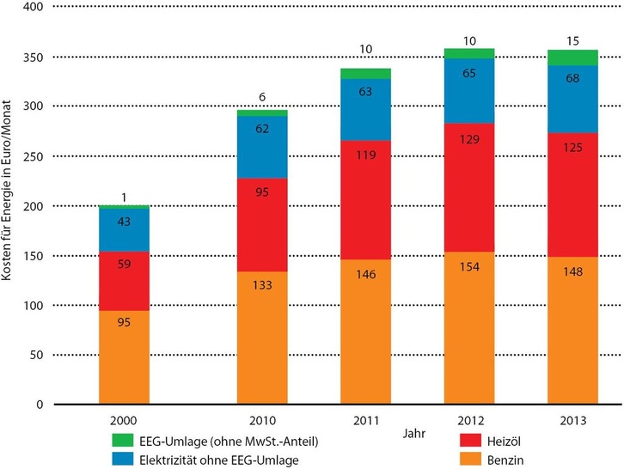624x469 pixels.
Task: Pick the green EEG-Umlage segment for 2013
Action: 573,58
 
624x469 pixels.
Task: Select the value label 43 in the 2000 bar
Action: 125,222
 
